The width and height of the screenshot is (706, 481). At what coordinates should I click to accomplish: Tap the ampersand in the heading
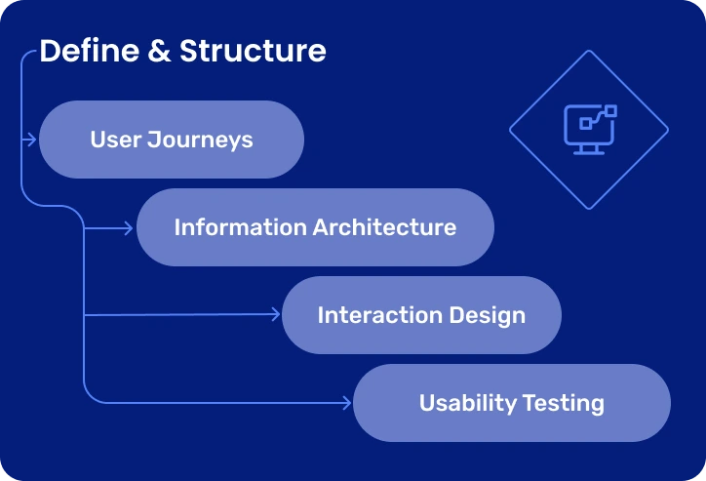159,51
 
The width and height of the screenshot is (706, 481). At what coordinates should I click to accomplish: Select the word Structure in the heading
253,51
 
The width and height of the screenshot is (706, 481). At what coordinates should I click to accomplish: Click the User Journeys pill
171,140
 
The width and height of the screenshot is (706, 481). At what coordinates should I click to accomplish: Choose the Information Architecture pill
315,227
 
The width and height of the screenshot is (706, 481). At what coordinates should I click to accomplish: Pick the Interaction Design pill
421,315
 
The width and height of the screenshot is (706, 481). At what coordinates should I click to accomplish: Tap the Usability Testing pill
511,403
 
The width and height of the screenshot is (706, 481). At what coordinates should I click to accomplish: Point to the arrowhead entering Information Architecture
129,227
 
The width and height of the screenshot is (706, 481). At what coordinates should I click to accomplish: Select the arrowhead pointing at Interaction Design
275,314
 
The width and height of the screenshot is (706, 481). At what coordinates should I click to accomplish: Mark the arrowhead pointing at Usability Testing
346,402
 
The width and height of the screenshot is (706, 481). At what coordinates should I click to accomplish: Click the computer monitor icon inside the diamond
589,130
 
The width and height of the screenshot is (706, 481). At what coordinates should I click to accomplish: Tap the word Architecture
384,227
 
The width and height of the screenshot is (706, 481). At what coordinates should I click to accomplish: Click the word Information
240,227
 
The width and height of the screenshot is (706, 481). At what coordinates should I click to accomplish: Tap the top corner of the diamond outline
589,51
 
